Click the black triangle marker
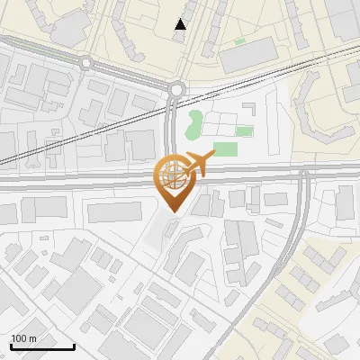[x=181, y=24]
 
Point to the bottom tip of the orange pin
[x=173, y=212]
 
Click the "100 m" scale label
[x=23, y=338]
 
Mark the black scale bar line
[x=42, y=346]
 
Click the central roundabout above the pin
[x=175, y=88]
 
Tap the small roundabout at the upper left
[x=86, y=63]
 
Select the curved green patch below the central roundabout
[x=193, y=125]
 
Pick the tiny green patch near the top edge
[x=238, y=41]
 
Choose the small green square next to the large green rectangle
[x=243, y=131]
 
